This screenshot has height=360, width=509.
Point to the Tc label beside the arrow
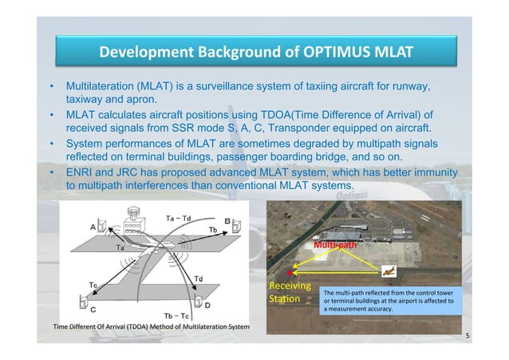(93, 286)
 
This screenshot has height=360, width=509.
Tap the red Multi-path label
(334, 247)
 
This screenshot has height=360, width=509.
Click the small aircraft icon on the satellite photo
(389, 270)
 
